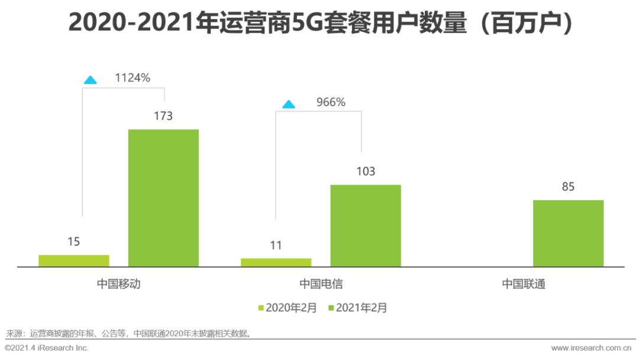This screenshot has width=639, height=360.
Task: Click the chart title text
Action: pyautogui.click(x=319, y=22)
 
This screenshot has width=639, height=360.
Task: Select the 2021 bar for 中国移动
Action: pyautogui.click(x=163, y=198)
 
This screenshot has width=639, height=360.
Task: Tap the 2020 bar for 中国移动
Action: pyautogui.click(x=74, y=261)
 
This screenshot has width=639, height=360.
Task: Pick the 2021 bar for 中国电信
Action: pyautogui.click(x=366, y=226)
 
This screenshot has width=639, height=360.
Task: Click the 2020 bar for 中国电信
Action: pyautogui.click(x=276, y=262)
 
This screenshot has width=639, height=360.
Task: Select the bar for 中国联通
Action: pyautogui.click(x=568, y=233)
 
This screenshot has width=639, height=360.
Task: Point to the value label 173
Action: pyautogui.click(x=163, y=116)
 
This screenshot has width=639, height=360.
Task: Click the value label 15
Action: pyautogui.click(x=73, y=242)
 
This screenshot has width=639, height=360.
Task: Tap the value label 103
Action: pyautogui.click(x=366, y=172)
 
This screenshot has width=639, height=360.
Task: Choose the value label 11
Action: pyautogui.click(x=276, y=245)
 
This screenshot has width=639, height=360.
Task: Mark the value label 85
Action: pyautogui.click(x=568, y=187)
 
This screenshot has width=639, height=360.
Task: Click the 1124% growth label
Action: pyautogui.click(x=133, y=78)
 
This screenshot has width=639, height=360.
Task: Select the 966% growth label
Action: pyautogui.click(x=330, y=102)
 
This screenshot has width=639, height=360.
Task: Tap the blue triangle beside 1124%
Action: pyautogui.click(x=90, y=79)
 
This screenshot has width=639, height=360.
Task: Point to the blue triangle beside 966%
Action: pyautogui.click(x=288, y=104)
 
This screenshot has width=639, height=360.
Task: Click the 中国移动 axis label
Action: pyautogui.click(x=119, y=284)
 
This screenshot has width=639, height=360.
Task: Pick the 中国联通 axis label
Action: pyautogui.click(x=523, y=284)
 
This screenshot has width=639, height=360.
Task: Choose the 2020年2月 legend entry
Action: pyautogui.click(x=288, y=308)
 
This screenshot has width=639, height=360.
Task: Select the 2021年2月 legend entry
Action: pyautogui.click(x=357, y=308)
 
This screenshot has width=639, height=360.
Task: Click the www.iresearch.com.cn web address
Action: pyautogui.click(x=591, y=348)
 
